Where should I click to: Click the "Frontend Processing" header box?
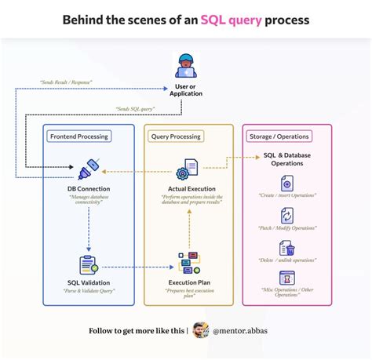coord(79,136)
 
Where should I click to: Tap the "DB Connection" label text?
coord(88,190)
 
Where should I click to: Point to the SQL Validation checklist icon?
coord(88,265)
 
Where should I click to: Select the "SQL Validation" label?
coord(88,283)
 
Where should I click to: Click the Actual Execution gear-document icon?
coord(187,169)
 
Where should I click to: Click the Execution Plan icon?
coord(188,264)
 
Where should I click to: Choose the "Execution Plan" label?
coord(188,283)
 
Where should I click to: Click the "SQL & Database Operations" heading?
coord(286,159)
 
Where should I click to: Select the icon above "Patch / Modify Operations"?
coord(286,215)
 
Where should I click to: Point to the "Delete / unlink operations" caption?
coord(286,260)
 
